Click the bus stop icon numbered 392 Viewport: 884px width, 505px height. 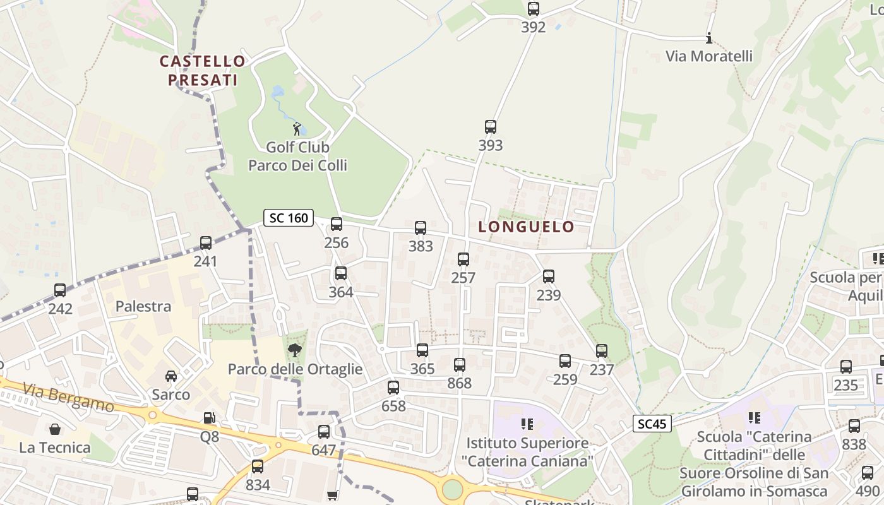coord(534,9)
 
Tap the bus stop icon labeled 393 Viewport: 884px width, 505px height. coord(490,127)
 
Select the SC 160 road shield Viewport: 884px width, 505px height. coord(289,218)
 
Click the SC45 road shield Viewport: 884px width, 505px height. coord(652,424)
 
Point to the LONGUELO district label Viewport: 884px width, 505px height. coord(526,227)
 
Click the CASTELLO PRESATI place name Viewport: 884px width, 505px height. coord(202,71)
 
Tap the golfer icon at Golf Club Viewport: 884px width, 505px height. coord(297,129)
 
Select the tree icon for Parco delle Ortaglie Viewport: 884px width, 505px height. coord(294,350)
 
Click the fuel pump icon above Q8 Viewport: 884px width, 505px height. coord(209,418)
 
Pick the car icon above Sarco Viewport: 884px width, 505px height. coord(170,376)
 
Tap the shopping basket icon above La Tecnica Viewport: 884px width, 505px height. coord(55,429)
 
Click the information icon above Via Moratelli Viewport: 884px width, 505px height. coord(708,39)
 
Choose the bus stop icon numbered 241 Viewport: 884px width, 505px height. coord(205,243)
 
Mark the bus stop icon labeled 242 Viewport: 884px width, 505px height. coord(60,290)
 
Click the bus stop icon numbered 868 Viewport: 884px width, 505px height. coord(460,365)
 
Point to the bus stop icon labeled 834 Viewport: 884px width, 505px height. coord(258,466)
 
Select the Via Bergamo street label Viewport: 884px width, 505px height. coord(69,396)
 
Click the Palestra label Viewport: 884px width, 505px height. coord(143,307)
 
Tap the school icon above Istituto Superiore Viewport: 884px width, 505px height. coord(527,424)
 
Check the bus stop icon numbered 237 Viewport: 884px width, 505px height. coord(602,351)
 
